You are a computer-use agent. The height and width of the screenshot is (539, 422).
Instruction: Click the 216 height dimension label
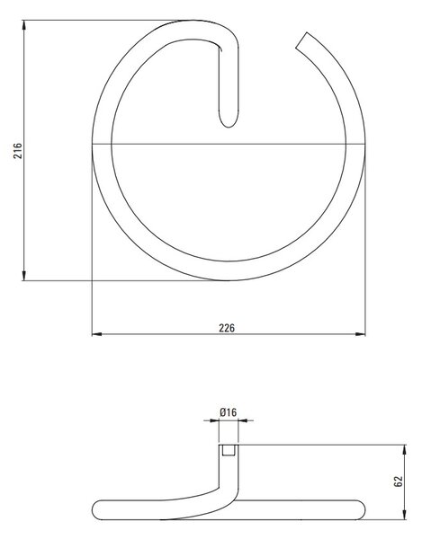18,151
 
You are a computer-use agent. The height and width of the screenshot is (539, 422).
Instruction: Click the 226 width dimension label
227,328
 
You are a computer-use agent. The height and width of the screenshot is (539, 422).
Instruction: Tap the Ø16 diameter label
229,412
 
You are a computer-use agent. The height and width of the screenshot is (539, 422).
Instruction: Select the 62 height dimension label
398,482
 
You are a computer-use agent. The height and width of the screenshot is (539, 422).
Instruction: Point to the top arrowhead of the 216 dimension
23,25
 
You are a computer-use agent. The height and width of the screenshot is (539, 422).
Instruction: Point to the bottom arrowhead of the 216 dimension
23,276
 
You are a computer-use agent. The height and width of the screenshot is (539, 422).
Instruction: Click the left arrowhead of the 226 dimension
97,334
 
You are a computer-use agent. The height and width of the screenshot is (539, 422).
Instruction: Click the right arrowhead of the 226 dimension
361,334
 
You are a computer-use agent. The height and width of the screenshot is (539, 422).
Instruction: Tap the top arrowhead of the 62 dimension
404,450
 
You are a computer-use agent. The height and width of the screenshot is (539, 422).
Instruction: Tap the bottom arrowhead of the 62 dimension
404,515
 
